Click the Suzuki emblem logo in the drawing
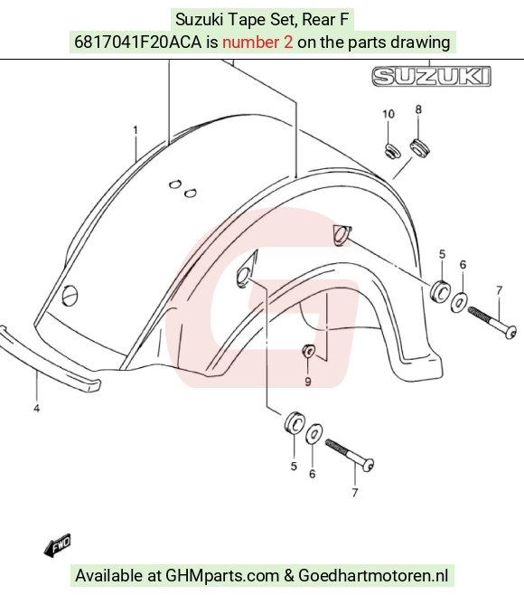click(431, 76)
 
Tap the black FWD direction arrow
click(57, 545)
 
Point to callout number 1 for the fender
click(136, 130)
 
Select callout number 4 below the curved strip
click(36, 409)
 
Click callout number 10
click(388, 114)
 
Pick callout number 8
click(418, 109)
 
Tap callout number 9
click(308, 382)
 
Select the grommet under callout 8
click(419, 148)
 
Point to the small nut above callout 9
click(308, 351)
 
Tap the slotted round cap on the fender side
click(70, 295)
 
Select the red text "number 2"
click(257, 42)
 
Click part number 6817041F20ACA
click(137, 42)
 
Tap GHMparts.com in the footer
click(222, 576)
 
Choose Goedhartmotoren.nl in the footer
click(373, 575)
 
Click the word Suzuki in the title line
click(199, 19)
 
